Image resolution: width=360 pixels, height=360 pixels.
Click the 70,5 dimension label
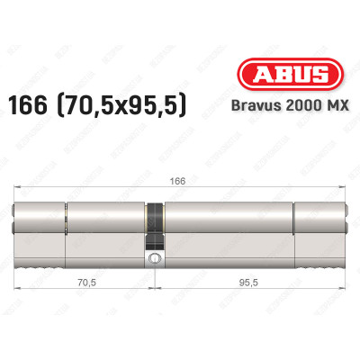87,281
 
